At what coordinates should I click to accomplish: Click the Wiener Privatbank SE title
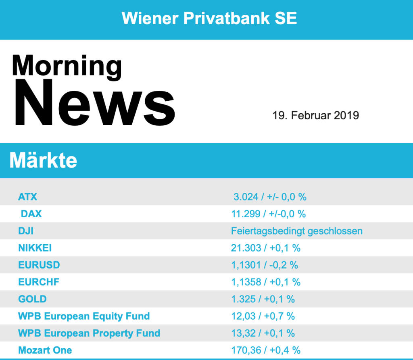pyautogui.click(x=209, y=18)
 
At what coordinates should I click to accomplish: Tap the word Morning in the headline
pyautogui.click(x=67, y=65)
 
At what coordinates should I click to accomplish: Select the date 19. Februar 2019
pyautogui.click(x=315, y=115)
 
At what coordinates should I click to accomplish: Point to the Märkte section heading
pyautogui.click(x=43, y=160)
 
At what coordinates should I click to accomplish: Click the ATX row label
pyautogui.click(x=27, y=197)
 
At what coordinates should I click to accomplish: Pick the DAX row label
pyautogui.click(x=31, y=214)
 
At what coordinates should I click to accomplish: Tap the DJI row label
pyautogui.click(x=26, y=231)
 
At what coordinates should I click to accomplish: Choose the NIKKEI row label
pyautogui.click(x=35, y=248)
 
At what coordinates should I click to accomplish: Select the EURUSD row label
pyautogui.click(x=39, y=265)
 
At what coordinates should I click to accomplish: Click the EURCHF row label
pyautogui.click(x=39, y=282)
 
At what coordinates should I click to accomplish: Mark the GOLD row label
pyautogui.click(x=32, y=299)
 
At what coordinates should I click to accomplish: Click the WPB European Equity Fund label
pyautogui.click(x=84, y=316)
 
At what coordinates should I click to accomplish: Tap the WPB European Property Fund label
pyautogui.click(x=89, y=333)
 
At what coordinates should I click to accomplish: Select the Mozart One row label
pyautogui.click(x=45, y=350)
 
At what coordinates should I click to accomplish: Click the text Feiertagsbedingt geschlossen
pyautogui.click(x=297, y=231)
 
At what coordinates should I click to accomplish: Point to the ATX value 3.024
pyautogui.click(x=244, y=197)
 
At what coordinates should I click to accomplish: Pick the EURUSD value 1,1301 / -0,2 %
pyautogui.click(x=265, y=265)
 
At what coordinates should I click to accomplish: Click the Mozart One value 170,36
pyautogui.click(x=246, y=350)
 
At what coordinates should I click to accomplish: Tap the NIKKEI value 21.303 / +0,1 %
pyautogui.click(x=266, y=248)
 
